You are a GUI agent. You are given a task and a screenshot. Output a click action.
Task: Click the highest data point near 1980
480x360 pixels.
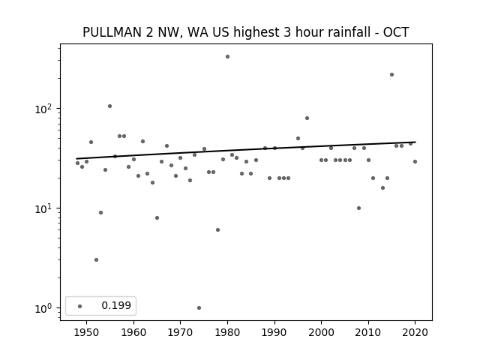(x=227, y=57)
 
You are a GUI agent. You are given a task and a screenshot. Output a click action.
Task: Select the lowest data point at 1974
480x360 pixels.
(x=199, y=307)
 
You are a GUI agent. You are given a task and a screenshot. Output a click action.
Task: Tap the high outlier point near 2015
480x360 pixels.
(x=391, y=75)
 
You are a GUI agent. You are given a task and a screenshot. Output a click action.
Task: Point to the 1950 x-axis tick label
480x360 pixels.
(x=87, y=332)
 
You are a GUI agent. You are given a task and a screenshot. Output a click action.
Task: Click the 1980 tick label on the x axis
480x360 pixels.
(x=227, y=332)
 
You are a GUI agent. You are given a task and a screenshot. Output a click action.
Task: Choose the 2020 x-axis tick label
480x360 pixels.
(x=415, y=332)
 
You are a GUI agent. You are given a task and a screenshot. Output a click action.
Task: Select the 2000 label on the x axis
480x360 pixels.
(x=322, y=332)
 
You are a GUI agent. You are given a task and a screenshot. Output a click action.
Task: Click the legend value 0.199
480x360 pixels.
(x=116, y=305)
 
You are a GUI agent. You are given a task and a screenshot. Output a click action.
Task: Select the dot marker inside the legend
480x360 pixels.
(x=80, y=306)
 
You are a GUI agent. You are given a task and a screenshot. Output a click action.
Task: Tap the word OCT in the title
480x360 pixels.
(x=396, y=32)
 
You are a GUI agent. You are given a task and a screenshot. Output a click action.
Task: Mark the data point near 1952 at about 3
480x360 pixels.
(x=96, y=260)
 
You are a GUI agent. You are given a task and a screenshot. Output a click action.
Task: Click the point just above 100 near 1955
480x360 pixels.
(x=109, y=106)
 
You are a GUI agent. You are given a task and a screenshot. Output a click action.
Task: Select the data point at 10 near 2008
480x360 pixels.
(x=358, y=208)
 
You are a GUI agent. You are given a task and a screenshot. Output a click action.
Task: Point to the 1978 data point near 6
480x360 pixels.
(x=217, y=230)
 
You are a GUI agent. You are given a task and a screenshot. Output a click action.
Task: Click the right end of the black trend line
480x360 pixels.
(x=415, y=142)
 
